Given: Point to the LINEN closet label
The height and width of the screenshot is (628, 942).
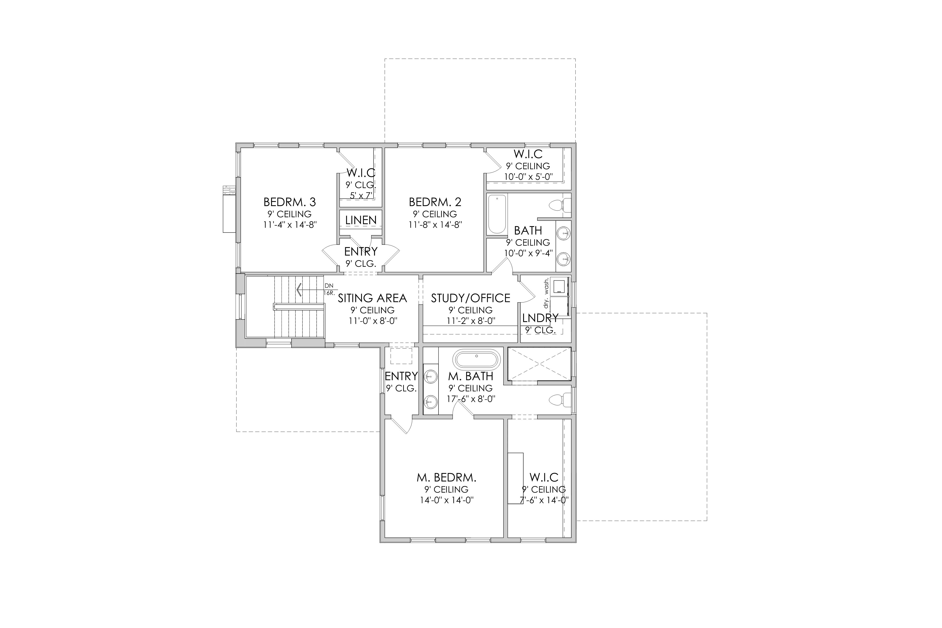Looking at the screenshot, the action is (361, 220).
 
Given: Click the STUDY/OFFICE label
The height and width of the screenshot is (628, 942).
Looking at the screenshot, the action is (471, 298).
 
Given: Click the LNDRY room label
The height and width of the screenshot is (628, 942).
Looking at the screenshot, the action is (540, 318).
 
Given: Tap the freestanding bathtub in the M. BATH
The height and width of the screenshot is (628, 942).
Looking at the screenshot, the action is (477, 359).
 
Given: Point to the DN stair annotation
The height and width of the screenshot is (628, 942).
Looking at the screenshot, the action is (329, 286).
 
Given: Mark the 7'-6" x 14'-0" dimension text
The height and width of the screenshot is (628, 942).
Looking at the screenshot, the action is (544, 500).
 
